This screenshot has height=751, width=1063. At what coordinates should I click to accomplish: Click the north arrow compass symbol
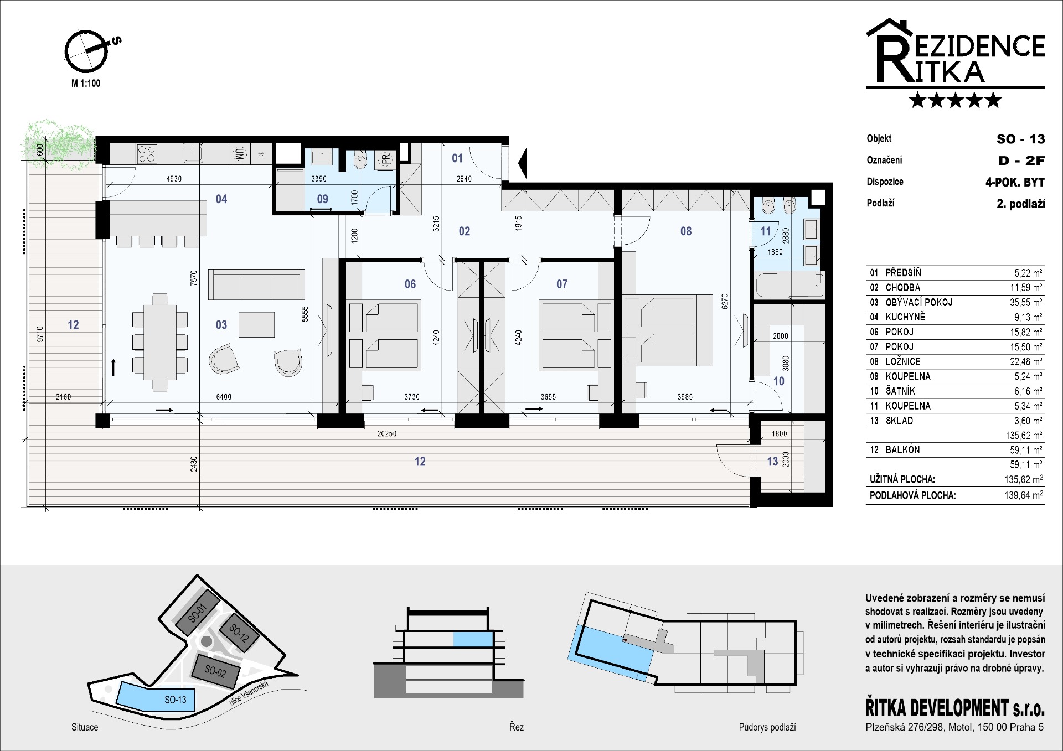86,51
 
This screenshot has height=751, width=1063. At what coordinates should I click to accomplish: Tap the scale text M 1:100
86,84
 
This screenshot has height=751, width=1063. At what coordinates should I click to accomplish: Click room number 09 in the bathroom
322,199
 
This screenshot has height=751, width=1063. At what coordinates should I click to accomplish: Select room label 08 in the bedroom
686,231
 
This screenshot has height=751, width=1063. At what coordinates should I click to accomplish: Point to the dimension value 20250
387,434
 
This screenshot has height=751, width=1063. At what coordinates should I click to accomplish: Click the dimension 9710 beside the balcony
39,334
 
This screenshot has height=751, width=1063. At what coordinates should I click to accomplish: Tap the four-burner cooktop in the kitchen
147,154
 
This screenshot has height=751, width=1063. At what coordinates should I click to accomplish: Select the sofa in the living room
256,284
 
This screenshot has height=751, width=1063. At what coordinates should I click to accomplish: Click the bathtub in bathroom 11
789,286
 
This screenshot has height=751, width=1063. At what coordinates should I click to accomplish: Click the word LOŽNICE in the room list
903,361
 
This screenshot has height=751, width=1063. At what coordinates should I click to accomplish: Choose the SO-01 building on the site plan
197,613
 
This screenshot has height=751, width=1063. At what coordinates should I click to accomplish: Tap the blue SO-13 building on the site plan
156,697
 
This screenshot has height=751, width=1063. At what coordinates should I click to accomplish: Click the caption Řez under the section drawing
517,727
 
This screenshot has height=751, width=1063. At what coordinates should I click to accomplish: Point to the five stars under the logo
956,100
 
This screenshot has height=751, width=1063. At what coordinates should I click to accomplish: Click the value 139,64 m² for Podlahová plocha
1024,495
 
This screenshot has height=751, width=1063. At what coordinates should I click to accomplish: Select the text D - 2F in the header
1021,160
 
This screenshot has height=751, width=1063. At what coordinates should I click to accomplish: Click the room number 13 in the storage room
772,462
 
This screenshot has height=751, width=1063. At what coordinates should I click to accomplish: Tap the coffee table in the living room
256,325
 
